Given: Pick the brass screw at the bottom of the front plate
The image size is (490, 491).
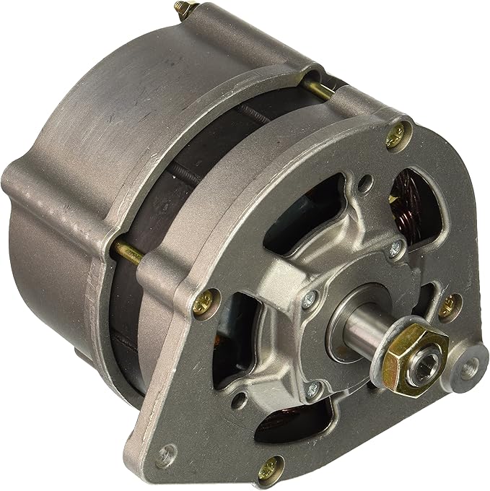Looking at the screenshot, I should (x=272, y=466).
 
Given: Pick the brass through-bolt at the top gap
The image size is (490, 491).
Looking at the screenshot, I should (x=318, y=87).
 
